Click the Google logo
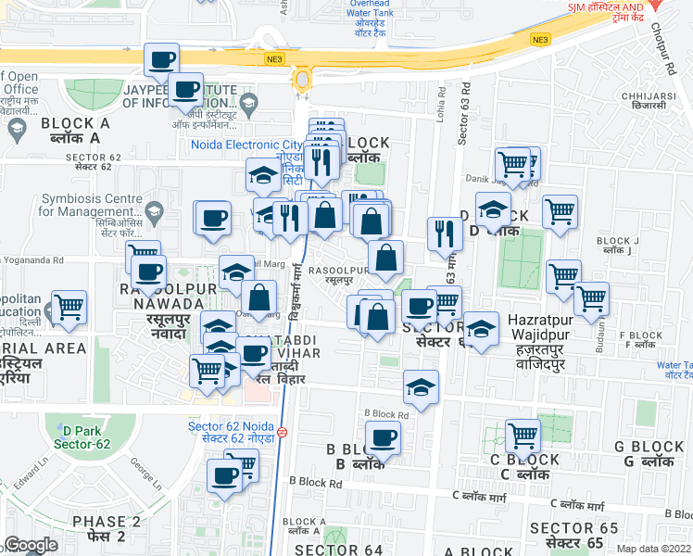pos(31,545)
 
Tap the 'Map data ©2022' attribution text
pos(655,549)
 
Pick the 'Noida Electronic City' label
pos(246,145)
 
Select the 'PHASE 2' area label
pos(107,522)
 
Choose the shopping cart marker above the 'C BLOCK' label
pos(523,435)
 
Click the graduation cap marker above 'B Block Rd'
pos(421,386)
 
